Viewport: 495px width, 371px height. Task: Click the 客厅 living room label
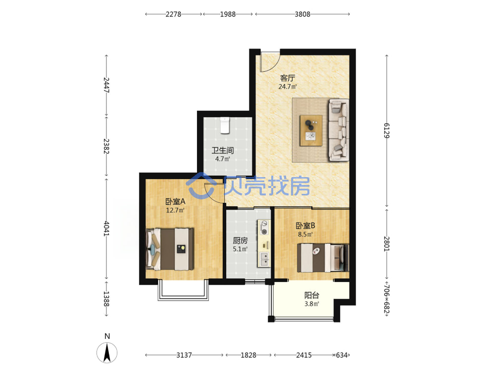[287, 78]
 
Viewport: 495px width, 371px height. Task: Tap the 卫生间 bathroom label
[223, 150]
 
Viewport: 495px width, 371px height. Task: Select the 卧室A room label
[175, 201]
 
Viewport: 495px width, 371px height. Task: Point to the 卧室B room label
[305, 226]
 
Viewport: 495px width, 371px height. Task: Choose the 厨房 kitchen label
[240, 241]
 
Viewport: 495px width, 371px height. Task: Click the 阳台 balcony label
[311, 295]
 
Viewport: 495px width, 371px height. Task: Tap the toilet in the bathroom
[225, 126]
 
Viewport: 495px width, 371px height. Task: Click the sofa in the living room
[339, 130]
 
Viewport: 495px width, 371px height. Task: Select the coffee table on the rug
[311, 131]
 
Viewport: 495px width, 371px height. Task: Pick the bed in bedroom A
[170, 249]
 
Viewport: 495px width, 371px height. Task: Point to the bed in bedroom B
[323, 258]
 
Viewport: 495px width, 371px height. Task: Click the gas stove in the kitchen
[264, 228]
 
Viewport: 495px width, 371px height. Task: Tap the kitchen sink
[264, 259]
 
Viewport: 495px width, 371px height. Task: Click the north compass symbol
[107, 352]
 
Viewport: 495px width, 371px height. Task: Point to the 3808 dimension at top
[302, 14]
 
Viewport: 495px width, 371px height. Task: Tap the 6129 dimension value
[387, 131]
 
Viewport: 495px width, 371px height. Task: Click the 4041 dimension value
[106, 229]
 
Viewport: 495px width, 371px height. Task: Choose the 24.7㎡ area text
[288, 87]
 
